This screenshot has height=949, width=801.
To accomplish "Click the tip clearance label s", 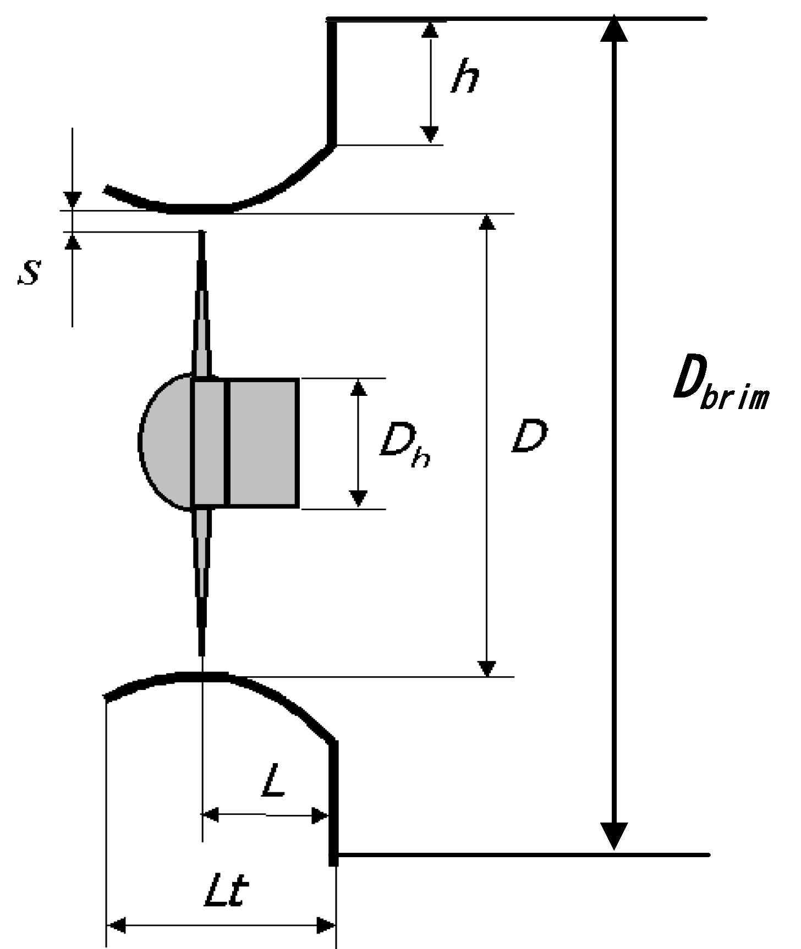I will pyautogui.click(x=29, y=272).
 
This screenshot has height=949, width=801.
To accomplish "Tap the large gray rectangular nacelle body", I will pyautogui.click(x=263, y=443).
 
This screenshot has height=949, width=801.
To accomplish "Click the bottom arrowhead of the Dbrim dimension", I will pyautogui.click(x=613, y=836).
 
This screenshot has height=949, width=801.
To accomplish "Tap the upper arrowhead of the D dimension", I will pyautogui.click(x=487, y=222).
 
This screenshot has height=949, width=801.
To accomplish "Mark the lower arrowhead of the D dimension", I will pyautogui.click(x=487, y=667).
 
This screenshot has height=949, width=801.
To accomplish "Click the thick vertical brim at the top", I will pyautogui.click(x=332, y=82).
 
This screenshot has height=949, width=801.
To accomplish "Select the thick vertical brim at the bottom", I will pyautogui.click(x=333, y=803).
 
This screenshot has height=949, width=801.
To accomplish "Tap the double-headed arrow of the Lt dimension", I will pyautogui.click(x=221, y=925).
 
